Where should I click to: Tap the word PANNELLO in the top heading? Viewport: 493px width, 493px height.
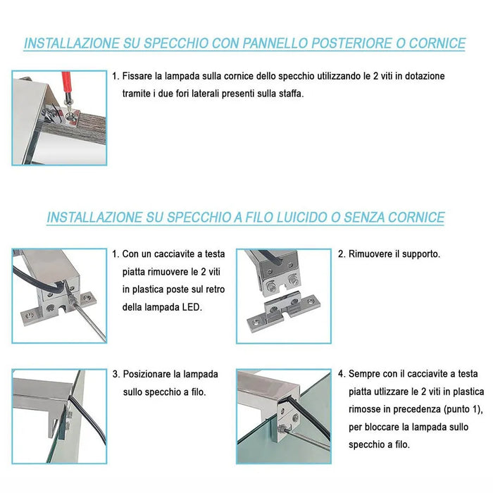pos(275,44)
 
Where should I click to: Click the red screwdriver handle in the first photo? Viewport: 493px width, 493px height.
pos(66,82)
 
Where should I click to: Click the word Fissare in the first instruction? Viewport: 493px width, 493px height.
pos(135,76)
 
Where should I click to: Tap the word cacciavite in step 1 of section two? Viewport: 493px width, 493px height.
pos(178,254)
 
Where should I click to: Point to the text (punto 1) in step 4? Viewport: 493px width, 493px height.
pos(463,409)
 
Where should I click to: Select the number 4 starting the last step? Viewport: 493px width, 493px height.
pos(341,374)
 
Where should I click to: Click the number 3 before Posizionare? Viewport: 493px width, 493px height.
pos(116,374)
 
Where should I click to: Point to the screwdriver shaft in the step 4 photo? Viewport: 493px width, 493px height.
pos(308,438)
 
